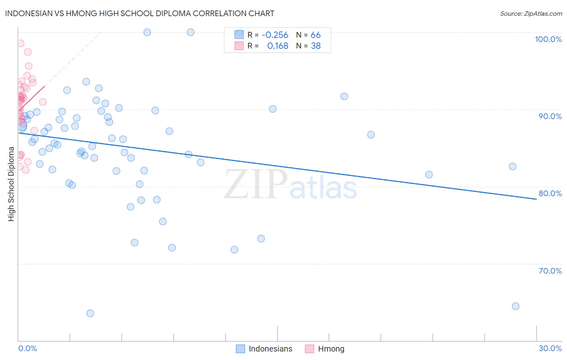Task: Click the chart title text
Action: click(x=140, y=13)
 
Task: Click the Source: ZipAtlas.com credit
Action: click(x=531, y=14)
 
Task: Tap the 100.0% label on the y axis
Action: click(x=548, y=39)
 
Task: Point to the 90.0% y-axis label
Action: click(x=550, y=116)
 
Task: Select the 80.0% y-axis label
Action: click(x=550, y=193)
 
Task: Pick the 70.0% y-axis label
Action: click(x=550, y=271)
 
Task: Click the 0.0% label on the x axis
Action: click(x=27, y=348)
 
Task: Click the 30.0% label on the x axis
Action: click(x=550, y=348)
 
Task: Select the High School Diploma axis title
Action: click(x=11, y=184)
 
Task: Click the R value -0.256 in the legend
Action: click(x=275, y=35)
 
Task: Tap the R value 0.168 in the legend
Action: click(x=277, y=46)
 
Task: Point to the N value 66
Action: click(x=315, y=35)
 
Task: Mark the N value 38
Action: click(x=315, y=46)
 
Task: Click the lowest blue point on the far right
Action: click(x=515, y=306)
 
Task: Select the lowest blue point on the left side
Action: click(x=90, y=313)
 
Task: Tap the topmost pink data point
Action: click(x=21, y=43)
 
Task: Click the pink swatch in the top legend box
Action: click(x=239, y=46)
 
